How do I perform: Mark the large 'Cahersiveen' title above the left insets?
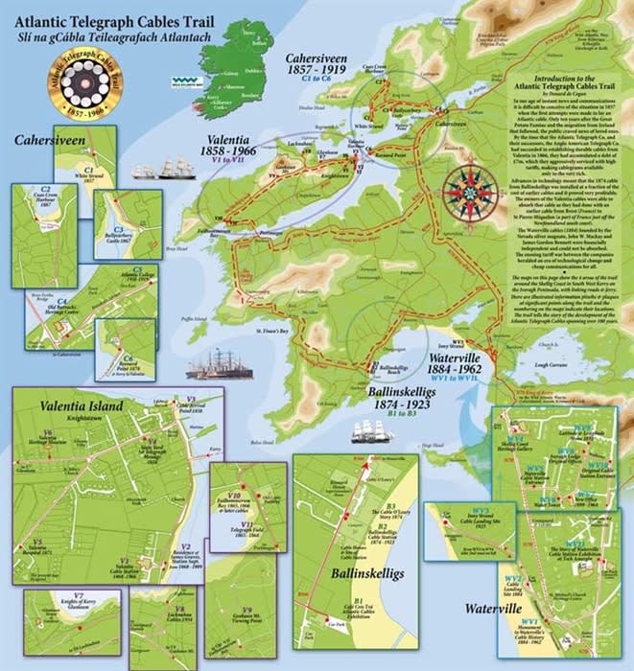click(x=50, y=140)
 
